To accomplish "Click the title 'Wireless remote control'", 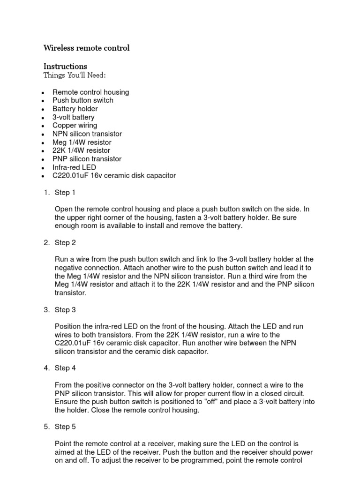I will tap(86, 48).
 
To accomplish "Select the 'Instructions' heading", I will tap(65, 66).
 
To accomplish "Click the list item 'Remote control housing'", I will tap(90, 92).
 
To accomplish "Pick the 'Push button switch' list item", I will tap(83, 100).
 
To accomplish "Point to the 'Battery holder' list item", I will tap(75, 109).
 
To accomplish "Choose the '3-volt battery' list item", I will tap(74, 117).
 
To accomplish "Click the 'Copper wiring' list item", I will tap(75, 125).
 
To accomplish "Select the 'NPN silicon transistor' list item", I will tap(87, 134).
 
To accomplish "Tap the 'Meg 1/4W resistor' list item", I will tap(82, 142).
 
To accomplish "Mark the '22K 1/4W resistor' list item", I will tap(82, 150).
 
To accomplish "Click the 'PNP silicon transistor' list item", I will tap(87, 159).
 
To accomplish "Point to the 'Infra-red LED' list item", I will tap(74, 167).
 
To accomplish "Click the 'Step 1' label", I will tap(65, 193).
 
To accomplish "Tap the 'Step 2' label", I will tap(65, 243).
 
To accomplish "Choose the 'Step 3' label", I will tap(65, 310).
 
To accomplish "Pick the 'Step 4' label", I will tap(65, 368).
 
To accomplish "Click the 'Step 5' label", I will tap(65, 427).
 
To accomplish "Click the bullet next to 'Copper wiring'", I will tap(43, 126).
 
